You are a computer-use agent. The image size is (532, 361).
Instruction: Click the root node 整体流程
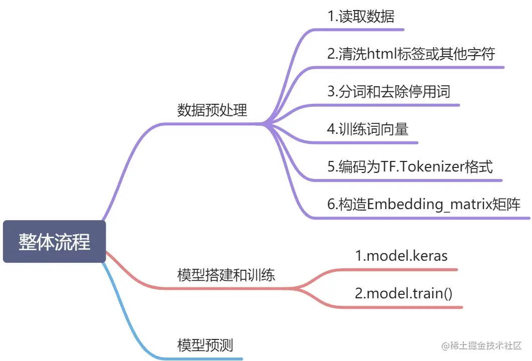coord(54,242)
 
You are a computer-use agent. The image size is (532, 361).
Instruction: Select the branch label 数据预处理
coord(212,110)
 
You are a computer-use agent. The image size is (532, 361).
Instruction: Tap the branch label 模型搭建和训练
coord(226,275)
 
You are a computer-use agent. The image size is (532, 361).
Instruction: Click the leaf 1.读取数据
coord(361,17)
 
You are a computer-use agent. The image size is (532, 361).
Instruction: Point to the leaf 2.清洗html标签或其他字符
coord(411,54)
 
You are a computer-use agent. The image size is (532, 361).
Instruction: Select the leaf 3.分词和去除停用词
coord(389,91)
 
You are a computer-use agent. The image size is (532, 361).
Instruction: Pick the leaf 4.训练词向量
coord(368,129)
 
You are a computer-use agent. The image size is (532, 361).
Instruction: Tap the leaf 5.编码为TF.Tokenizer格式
coord(410,166)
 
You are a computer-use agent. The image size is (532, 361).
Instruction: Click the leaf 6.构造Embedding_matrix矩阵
coord(424,204)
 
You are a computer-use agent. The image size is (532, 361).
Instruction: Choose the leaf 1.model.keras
coord(401,256)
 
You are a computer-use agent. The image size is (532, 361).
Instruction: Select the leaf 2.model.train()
coord(404,293)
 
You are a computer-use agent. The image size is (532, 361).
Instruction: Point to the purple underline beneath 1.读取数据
coord(381,30)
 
